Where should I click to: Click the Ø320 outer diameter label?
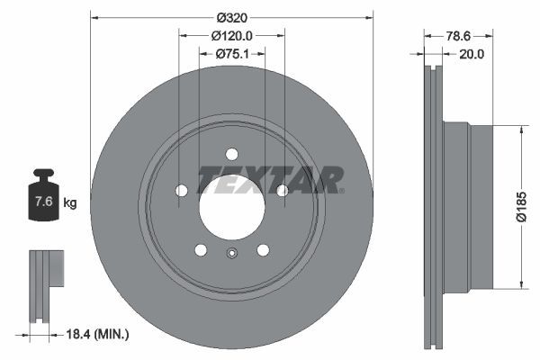click(232, 16)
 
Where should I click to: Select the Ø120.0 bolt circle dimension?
click(232, 36)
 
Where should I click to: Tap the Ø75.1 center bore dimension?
click(232, 55)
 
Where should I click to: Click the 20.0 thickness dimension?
click(472, 55)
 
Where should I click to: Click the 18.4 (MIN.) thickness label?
click(99, 334)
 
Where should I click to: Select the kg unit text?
click(70, 202)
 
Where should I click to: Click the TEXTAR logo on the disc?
click(269, 180)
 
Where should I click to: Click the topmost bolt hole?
click(232, 153)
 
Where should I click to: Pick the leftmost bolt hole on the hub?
click(181, 190)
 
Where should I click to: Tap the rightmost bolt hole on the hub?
click(283, 190)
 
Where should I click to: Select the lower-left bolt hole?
click(201, 249)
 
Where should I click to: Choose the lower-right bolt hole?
click(263, 249)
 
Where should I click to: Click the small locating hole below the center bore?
click(232, 253)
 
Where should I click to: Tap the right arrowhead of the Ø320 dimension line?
click(368, 16)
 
